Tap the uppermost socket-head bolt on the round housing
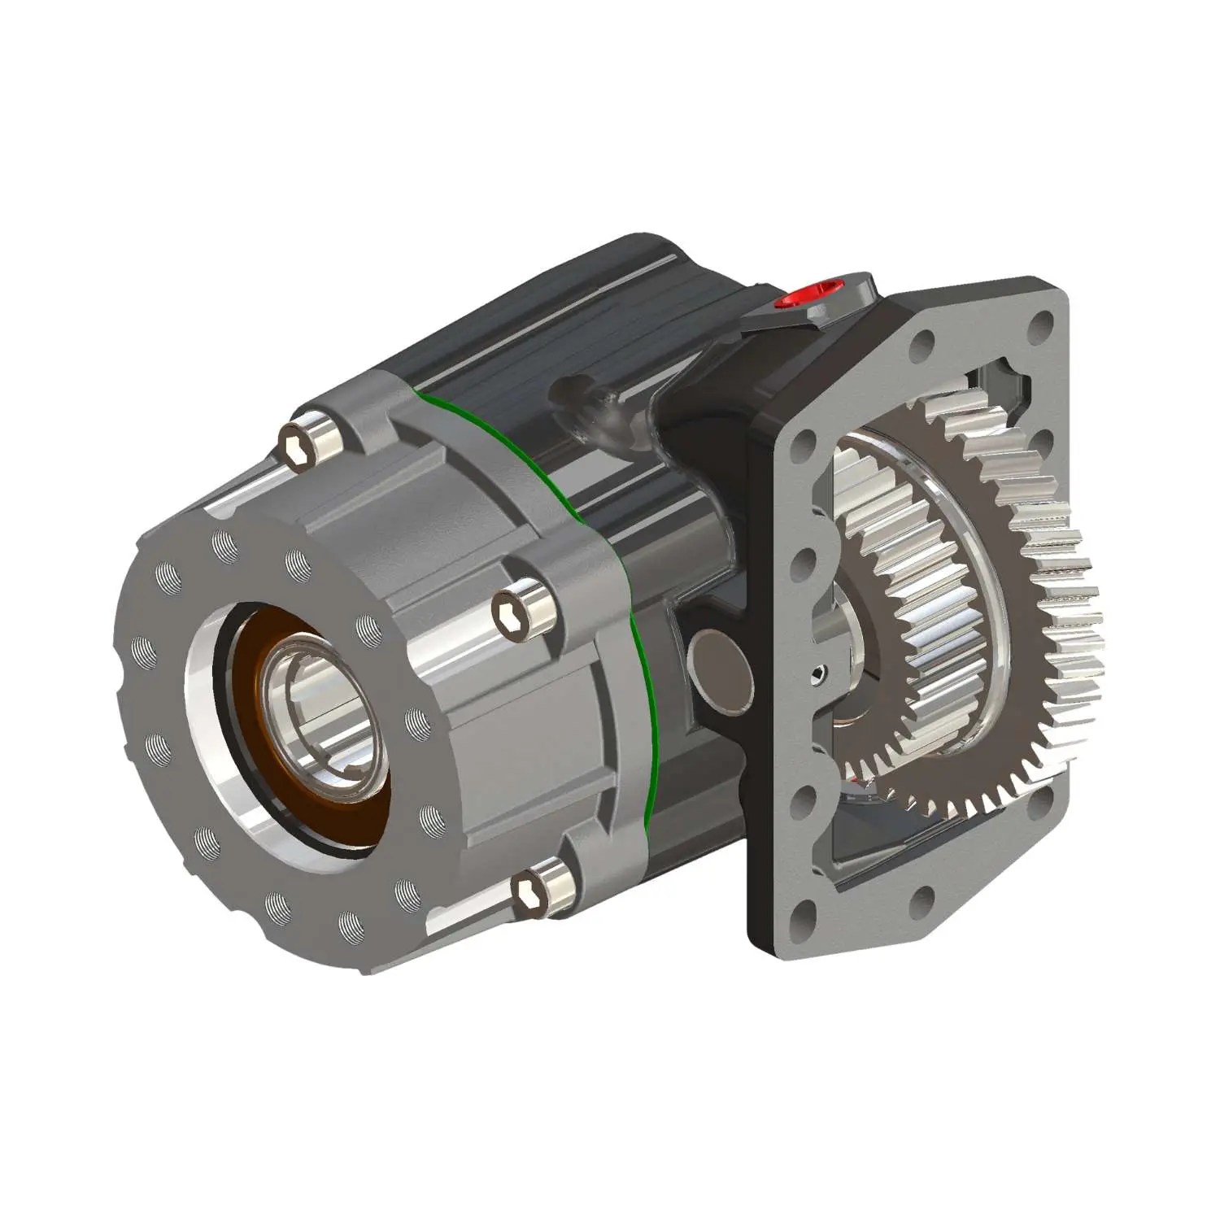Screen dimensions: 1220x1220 [x=298, y=447]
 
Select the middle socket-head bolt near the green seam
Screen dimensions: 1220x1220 [x=518, y=607]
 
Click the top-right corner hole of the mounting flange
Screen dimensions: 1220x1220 [x=1040, y=326]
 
